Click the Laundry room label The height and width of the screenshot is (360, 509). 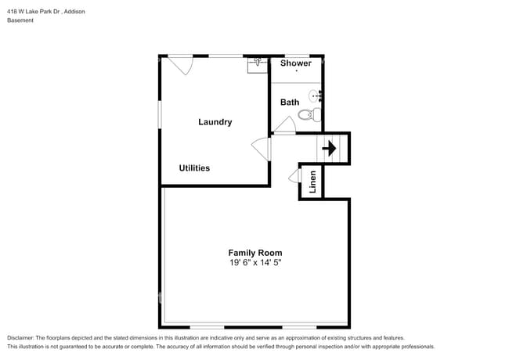click(x=215, y=122)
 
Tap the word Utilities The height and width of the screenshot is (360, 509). click(x=194, y=168)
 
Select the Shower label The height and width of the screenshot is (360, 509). click(x=295, y=63)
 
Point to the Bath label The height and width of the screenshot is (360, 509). click(x=290, y=103)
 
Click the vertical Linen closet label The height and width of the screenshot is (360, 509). click(x=312, y=182)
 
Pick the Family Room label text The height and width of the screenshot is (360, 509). click(x=254, y=253)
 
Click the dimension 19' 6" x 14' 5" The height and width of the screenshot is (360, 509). click(x=254, y=263)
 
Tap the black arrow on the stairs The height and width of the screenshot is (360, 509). click(x=330, y=148)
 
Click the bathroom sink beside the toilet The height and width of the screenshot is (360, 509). click(x=315, y=96)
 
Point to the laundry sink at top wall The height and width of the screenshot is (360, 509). click(x=258, y=63)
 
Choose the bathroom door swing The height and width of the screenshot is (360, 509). click(x=285, y=124)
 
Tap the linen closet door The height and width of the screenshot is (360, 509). click(x=294, y=176)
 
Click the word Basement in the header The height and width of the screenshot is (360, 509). click(x=20, y=20)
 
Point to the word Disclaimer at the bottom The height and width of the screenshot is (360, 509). click(x=21, y=337)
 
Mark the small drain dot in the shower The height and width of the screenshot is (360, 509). click(x=296, y=71)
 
